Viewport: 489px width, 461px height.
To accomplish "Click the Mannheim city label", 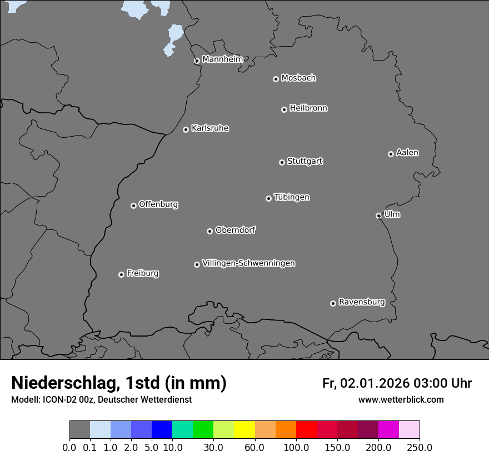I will click(222, 59).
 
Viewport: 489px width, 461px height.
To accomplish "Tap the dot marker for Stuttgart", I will click(282, 162).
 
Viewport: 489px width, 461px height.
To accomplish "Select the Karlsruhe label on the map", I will click(210, 128).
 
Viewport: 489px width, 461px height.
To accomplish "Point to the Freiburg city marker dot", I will click(121, 274).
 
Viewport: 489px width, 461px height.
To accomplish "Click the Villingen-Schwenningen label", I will click(248, 263).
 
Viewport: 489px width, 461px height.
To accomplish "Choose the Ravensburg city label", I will click(362, 302).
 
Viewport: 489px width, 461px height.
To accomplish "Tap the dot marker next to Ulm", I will click(378, 216).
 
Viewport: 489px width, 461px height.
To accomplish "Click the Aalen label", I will click(407, 153).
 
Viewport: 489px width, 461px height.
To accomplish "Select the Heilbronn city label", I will click(308, 108).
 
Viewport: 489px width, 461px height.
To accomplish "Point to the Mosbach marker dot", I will click(276, 79).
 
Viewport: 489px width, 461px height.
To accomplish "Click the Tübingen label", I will click(292, 197).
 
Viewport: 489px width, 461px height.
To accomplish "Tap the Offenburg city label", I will click(158, 204).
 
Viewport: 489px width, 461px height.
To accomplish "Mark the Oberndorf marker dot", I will click(209, 231).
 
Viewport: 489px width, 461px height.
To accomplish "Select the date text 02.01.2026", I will click(375, 383).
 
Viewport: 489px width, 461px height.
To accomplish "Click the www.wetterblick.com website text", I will click(401, 400).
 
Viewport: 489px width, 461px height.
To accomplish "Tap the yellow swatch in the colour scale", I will click(244, 430).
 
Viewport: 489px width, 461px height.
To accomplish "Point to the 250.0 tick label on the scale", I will click(420, 447).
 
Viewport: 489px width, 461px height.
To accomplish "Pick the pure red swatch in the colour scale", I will click(306, 430).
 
